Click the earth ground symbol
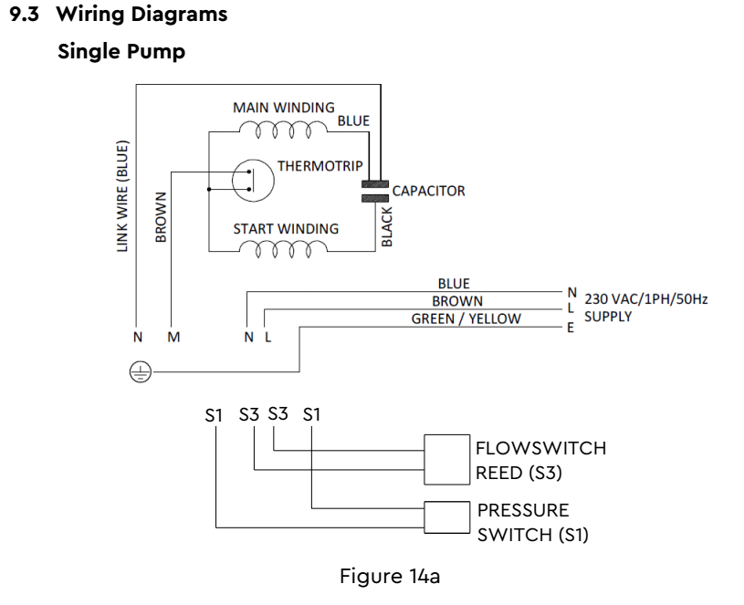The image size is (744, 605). [138, 371]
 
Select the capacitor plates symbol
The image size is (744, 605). [374, 190]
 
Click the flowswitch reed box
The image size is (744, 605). [446, 458]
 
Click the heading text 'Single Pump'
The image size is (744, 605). [121, 51]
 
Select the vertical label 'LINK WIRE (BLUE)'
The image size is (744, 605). [124, 196]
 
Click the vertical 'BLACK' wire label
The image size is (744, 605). [387, 226]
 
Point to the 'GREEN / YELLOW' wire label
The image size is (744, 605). [466, 318]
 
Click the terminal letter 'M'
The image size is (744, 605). [173, 337]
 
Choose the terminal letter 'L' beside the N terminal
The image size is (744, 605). [267, 337]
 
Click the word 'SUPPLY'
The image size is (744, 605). [608, 317]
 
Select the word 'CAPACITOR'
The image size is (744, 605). [428, 191]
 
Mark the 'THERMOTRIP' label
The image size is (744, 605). [320, 166]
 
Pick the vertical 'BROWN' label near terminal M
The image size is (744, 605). [162, 217]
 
